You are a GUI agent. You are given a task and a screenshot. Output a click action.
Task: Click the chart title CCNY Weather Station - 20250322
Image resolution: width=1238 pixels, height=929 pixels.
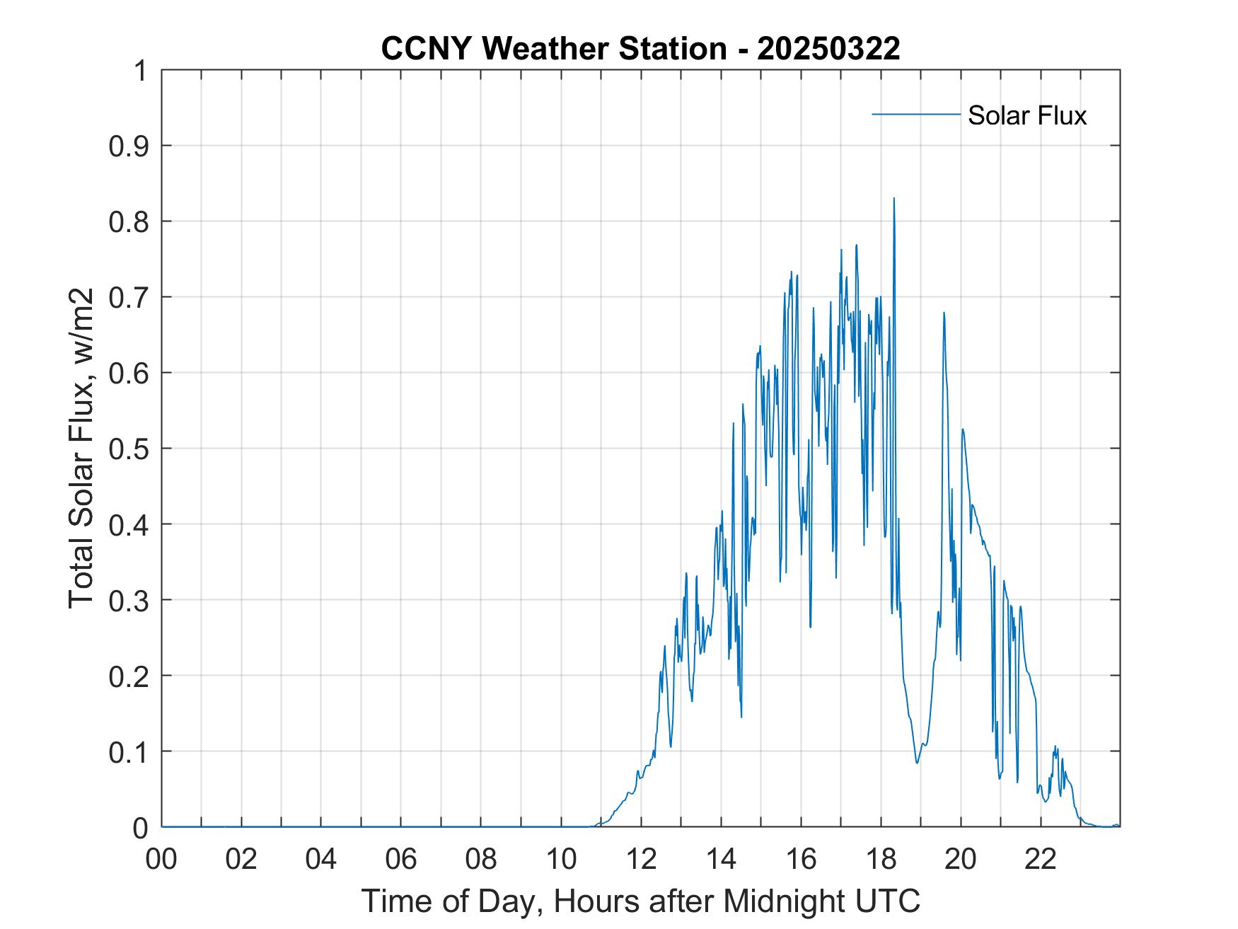click(640, 48)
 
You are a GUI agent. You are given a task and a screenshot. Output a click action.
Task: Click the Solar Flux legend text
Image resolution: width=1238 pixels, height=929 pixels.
click(1026, 115)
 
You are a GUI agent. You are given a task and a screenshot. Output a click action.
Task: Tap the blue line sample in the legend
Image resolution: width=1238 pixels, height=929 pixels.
click(915, 114)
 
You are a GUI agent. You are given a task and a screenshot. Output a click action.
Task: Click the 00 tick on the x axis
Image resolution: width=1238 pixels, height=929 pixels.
click(161, 859)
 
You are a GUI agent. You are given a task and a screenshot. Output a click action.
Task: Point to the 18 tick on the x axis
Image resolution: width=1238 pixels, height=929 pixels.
click(881, 859)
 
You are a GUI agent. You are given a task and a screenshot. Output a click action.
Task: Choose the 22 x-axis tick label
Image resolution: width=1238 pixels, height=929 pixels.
click(1041, 859)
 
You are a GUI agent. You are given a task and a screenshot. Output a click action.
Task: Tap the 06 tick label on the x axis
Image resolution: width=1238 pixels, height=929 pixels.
click(401, 859)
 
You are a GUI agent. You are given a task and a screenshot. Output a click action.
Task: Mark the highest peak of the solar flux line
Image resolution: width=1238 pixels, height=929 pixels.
click(893, 199)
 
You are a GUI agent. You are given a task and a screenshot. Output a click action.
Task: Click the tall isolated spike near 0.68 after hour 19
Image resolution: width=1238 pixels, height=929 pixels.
click(944, 313)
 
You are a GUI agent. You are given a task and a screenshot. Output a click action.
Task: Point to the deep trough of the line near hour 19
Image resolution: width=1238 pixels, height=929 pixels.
click(917, 763)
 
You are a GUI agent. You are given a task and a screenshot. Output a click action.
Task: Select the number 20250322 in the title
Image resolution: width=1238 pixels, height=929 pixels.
click(828, 48)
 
